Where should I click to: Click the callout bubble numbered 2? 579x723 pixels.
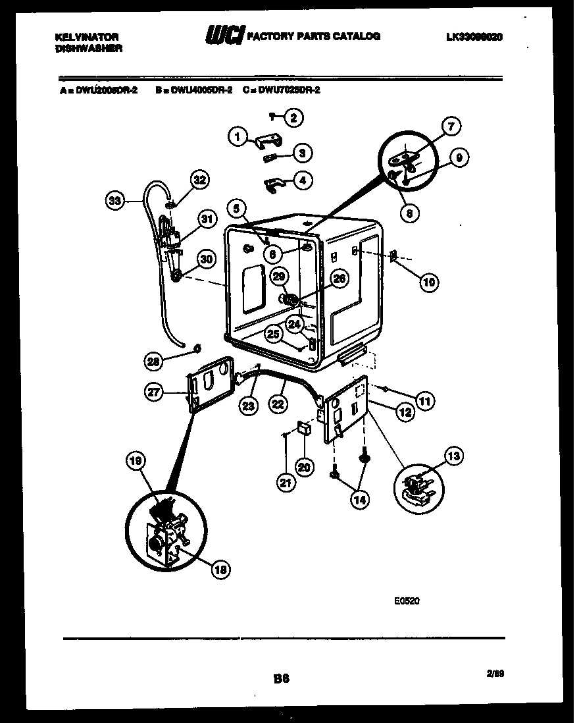pos(293,118)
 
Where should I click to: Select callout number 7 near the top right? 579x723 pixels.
pos(451,126)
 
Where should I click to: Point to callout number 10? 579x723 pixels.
pos(428,282)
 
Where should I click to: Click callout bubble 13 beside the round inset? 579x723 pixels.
pos(453,456)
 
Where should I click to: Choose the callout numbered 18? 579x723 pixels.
pos(220,570)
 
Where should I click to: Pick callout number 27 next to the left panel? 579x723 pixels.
pos(154,391)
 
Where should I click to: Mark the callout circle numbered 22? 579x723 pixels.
pos(278,404)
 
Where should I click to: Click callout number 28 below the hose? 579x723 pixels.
pos(154,360)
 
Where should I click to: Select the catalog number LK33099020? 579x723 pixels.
pos(474,38)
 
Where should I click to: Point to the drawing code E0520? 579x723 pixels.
pos(407,601)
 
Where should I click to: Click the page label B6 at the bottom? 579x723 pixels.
pos(281,676)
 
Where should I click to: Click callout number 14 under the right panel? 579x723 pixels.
pos(360,500)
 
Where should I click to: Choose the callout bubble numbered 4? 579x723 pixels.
pos(303,180)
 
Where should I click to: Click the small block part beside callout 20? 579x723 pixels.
pos(304,428)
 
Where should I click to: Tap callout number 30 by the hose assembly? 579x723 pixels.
pos(206,259)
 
